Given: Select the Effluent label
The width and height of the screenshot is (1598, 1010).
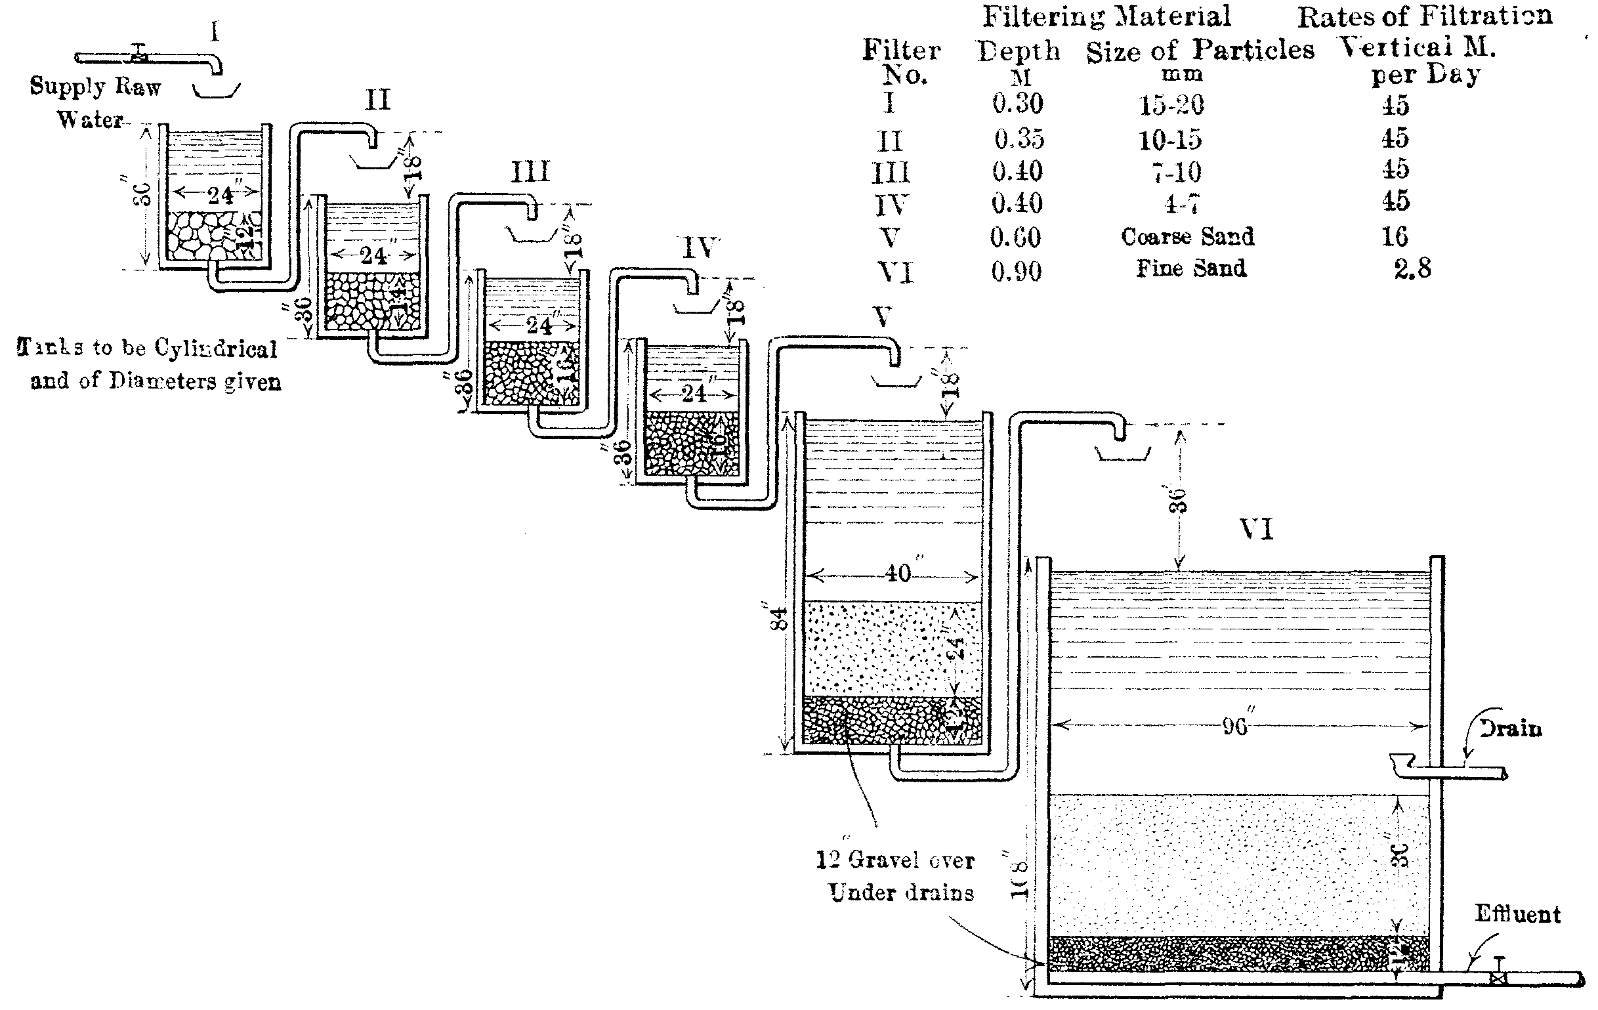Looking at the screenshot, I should click(1517, 914).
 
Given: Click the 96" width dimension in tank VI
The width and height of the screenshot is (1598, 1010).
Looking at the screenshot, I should click(1234, 726).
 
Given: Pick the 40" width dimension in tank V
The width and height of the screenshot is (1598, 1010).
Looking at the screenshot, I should click(898, 574).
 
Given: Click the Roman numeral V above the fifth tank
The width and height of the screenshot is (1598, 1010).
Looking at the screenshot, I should click(883, 317).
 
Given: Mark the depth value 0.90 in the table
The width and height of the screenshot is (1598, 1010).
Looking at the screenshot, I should click(1016, 272).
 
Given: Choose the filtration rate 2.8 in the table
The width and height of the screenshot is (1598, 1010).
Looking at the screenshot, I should click(1412, 269).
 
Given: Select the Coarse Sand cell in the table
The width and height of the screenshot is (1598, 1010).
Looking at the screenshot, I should click(1187, 237).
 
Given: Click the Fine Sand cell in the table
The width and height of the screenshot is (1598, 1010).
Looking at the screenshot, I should click(1190, 269).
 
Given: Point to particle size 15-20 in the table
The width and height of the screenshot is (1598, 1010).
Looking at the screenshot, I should click(1171, 105).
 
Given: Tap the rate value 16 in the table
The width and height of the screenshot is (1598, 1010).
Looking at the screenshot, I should click(1395, 237).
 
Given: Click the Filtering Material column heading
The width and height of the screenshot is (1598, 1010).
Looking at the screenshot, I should click(1106, 16).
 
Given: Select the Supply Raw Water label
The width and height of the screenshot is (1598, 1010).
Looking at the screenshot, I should click(95, 102).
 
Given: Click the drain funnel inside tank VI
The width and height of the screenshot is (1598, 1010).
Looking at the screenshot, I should click(1402, 762).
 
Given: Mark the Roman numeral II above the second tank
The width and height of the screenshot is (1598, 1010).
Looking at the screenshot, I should click(377, 100).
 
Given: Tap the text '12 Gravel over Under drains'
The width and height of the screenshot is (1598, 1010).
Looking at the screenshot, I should click(895, 876).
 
